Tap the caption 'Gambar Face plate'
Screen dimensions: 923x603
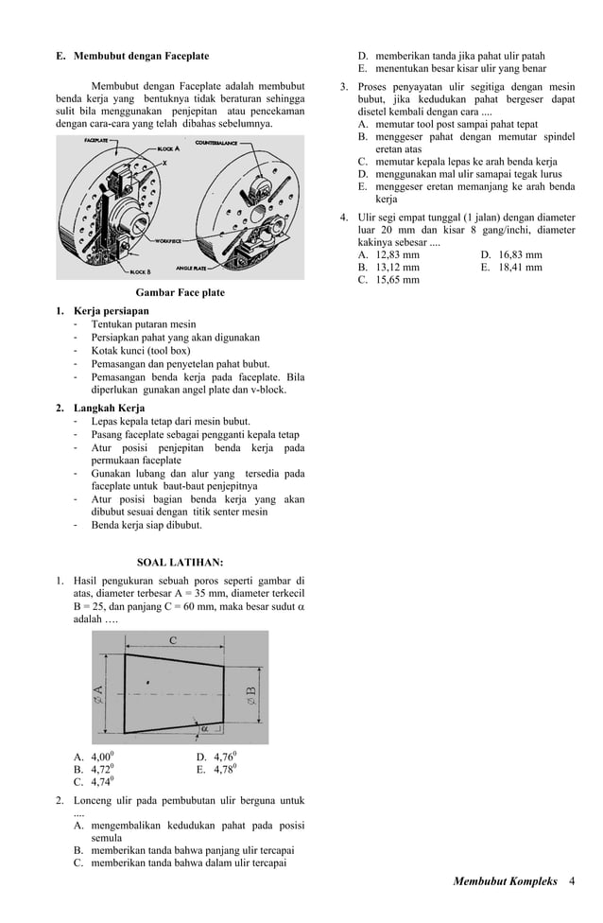[x=181, y=292]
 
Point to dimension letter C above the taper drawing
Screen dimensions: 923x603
[x=173, y=641]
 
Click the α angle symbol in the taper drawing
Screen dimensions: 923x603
[x=204, y=729]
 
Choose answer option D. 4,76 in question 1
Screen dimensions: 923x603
[x=216, y=757]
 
